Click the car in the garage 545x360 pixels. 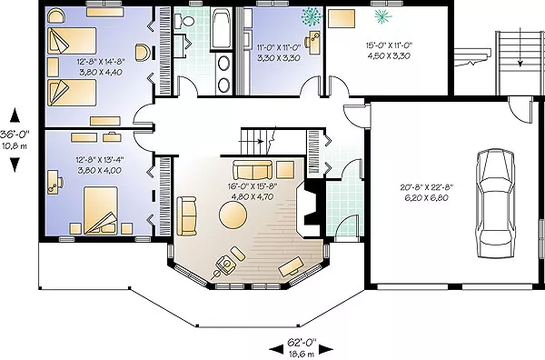click(x=494, y=204)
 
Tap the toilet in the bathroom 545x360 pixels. click(x=184, y=21)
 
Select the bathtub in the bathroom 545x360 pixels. click(x=222, y=28)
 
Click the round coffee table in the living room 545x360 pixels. click(x=233, y=215)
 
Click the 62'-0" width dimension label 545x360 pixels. click(x=302, y=342)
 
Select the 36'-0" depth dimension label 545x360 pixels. click(x=15, y=134)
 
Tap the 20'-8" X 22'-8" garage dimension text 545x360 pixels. click(x=427, y=187)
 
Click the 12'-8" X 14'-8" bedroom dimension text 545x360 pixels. click(x=100, y=62)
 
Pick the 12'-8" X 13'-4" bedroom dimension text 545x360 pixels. click(x=100, y=160)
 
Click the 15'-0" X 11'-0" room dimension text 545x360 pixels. click(x=389, y=45)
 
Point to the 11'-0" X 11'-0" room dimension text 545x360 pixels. click(x=279, y=47)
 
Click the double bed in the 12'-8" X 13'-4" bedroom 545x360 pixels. click(x=101, y=210)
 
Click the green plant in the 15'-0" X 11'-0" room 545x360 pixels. click(x=383, y=16)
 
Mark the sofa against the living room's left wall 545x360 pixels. click(x=186, y=216)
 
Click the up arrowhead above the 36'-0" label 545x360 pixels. click(x=15, y=115)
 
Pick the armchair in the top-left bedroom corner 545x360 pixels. click(x=56, y=16)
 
